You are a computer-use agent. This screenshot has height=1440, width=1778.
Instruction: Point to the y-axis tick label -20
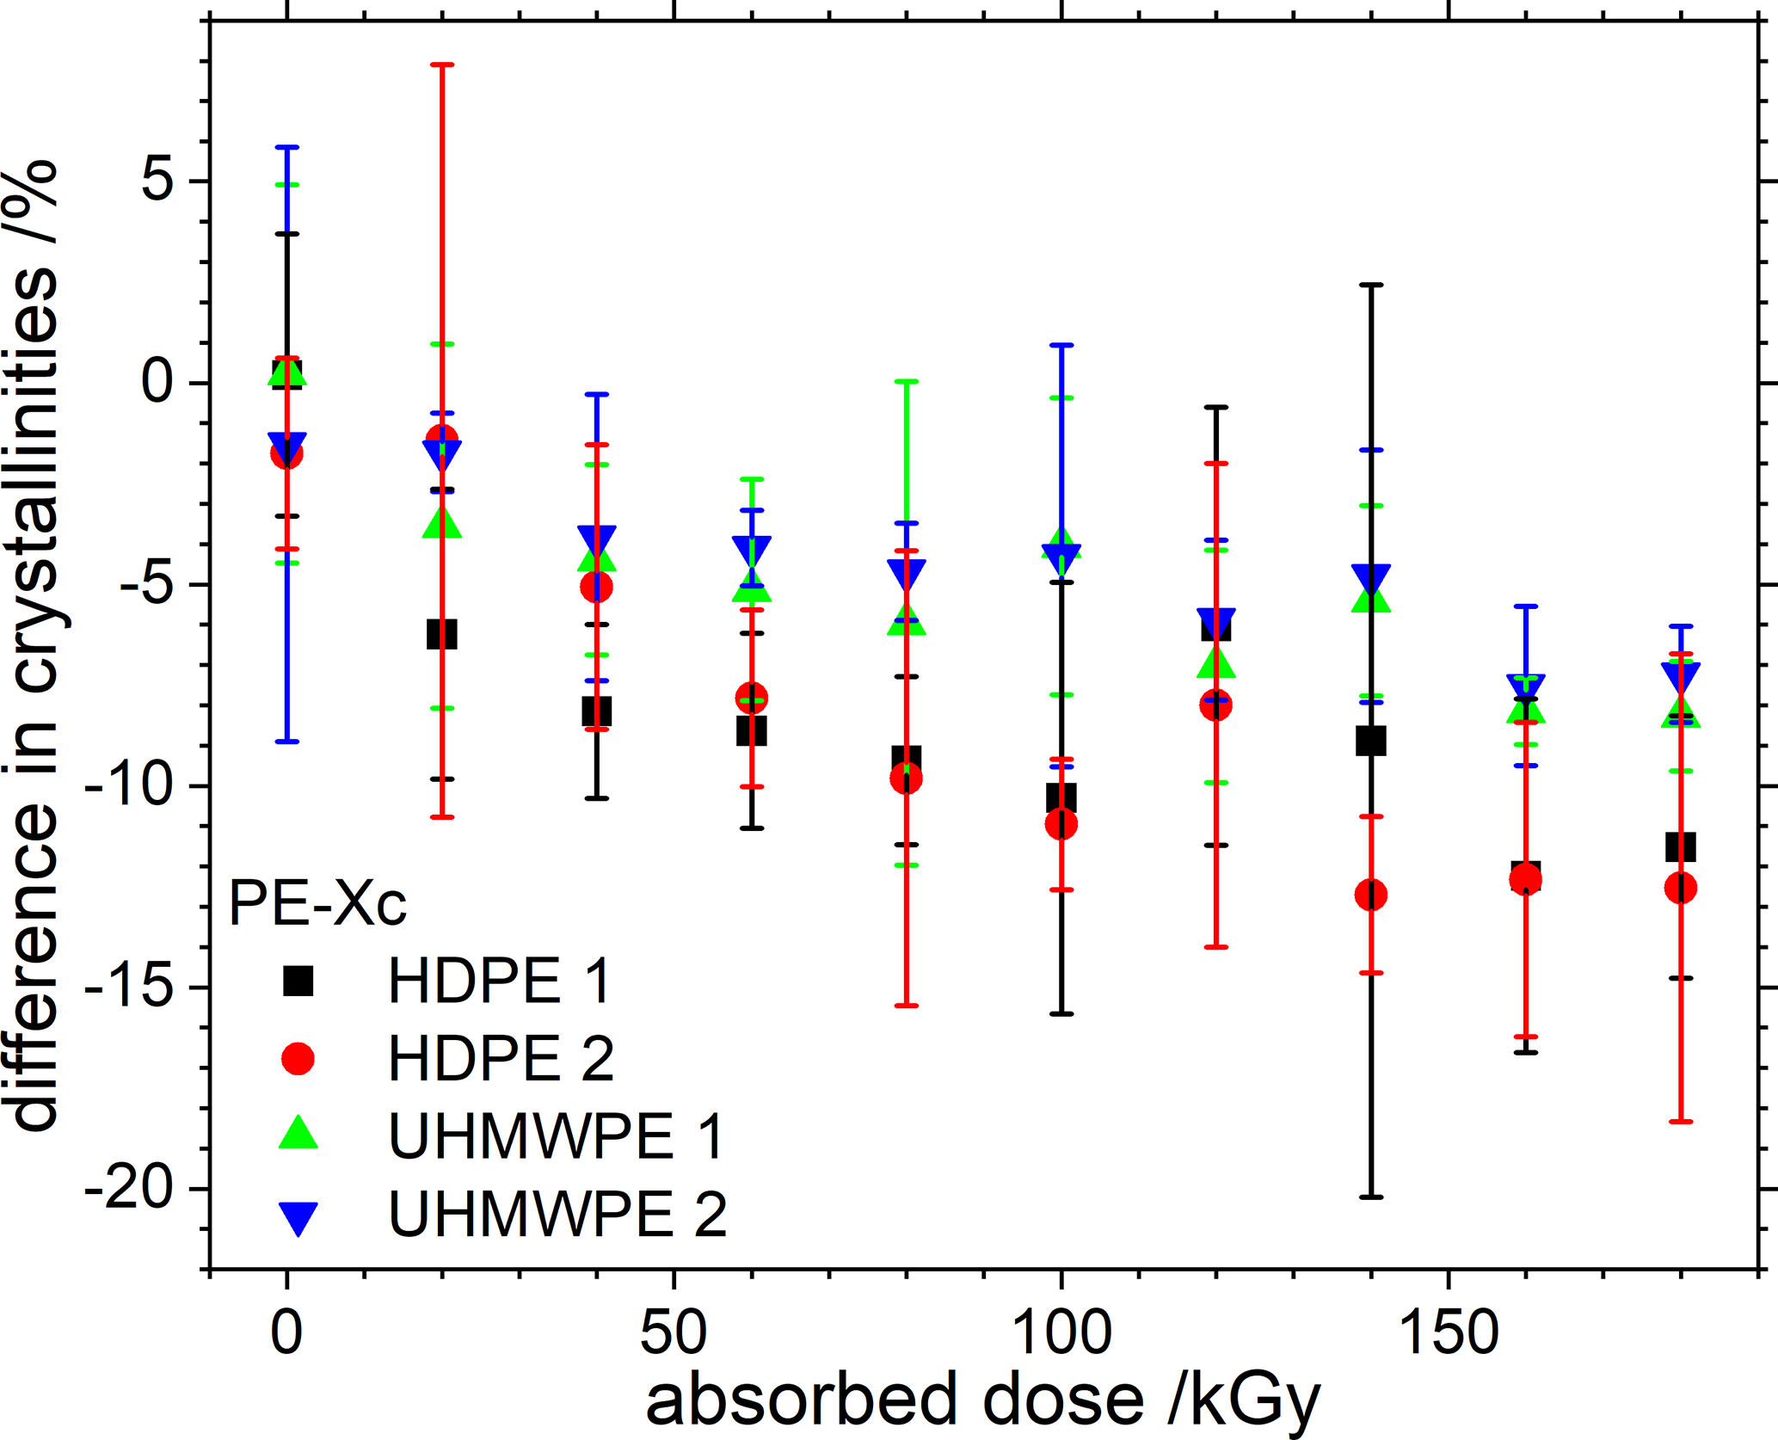pyautogui.click(x=131, y=1190)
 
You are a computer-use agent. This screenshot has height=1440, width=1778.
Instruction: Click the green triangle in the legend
pyautogui.click(x=298, y=1134)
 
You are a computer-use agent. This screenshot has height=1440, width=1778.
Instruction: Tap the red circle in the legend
pyautogui.click(x=298, y=1058)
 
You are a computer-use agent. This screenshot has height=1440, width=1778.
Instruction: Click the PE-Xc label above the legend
pyautogui.click(x=317, y=904)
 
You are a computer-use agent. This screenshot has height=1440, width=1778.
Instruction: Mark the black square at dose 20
pyautogui.click(x=442, y=635)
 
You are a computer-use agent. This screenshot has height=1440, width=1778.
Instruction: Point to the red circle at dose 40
pyautogui.click(x=596, y=588)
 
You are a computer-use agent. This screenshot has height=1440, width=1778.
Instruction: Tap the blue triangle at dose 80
pyautogui.click(x=907, y=572)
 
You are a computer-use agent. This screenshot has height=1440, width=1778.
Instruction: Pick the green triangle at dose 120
pyautogui.click(x=1216, y=663)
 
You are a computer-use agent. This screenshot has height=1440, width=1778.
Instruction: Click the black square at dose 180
pyautogui.click(x=1680, y=847)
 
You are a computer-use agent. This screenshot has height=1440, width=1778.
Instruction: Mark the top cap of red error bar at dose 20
pyautogui.click(x=442, y=65)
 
